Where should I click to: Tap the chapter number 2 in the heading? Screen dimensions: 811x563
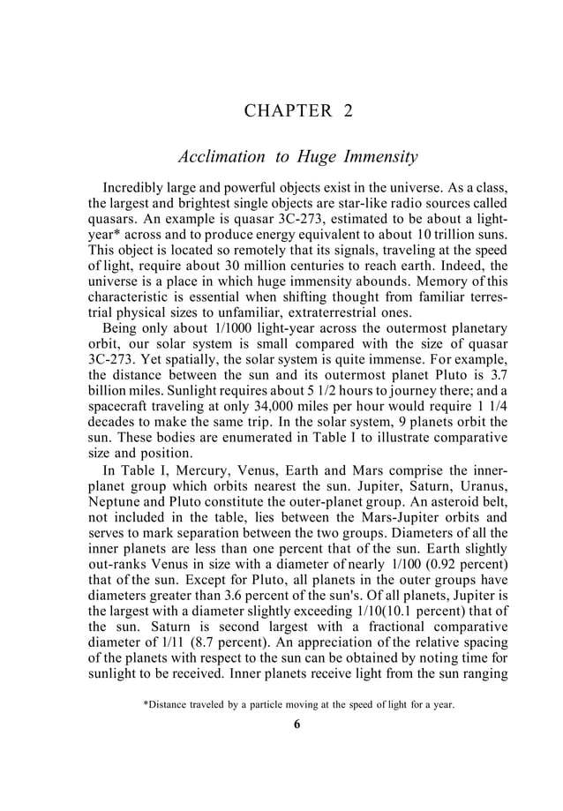click(x=348, y=111)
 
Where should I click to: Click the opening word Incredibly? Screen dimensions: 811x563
click(x=137, y=189)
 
